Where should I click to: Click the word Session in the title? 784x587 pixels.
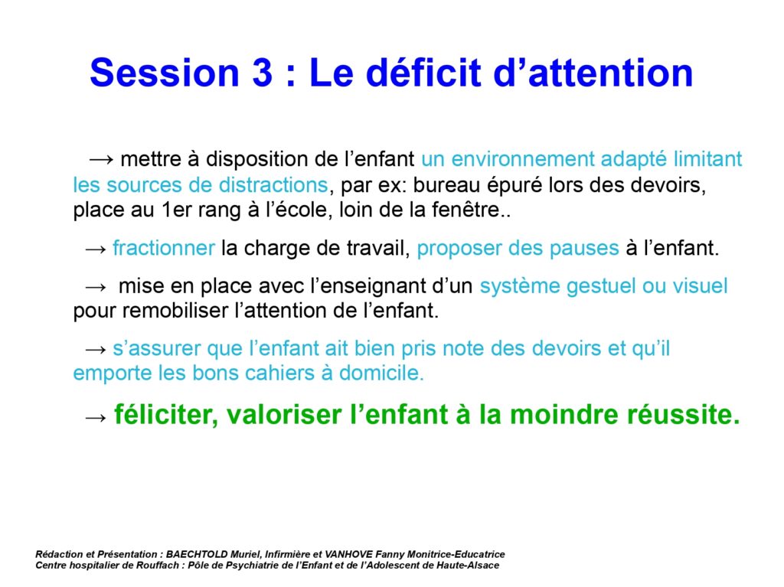(165, 73)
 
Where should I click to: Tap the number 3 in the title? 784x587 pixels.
(263, 73)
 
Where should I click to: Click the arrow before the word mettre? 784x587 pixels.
(102, 159)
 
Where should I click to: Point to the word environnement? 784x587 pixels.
(522, 159)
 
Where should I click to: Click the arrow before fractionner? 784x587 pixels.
(96, 249)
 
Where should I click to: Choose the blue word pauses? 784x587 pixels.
(584, 249)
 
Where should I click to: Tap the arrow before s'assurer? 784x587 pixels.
(96, 349)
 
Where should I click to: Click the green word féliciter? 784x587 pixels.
(166, 415)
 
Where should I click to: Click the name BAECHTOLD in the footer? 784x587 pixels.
(198, 554)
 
